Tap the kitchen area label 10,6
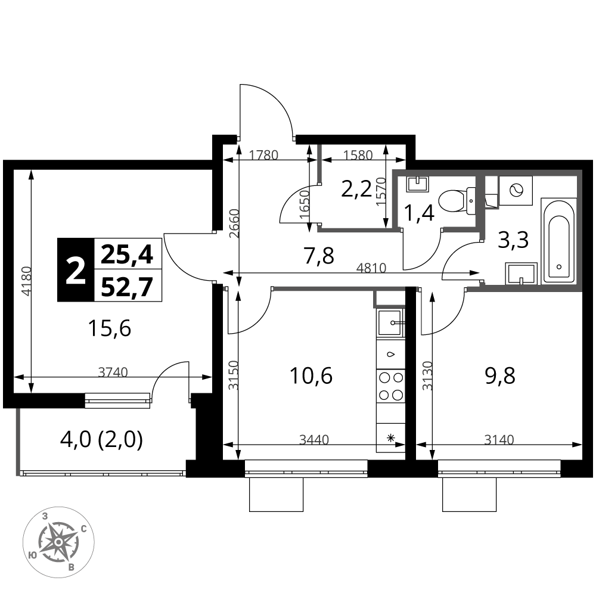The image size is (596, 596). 311,375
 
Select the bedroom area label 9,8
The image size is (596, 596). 501,375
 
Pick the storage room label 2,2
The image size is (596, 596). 356,189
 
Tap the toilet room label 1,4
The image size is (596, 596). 419,213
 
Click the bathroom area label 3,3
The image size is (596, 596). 513,240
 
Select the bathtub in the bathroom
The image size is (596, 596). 559,241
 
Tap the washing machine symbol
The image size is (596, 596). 516,191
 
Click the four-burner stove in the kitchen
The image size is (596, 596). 391,386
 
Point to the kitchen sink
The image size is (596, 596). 390,322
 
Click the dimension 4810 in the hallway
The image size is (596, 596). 371,268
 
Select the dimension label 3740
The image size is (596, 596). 113,372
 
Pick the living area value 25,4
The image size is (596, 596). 127,254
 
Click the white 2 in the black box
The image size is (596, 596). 75,270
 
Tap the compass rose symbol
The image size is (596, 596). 58,542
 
